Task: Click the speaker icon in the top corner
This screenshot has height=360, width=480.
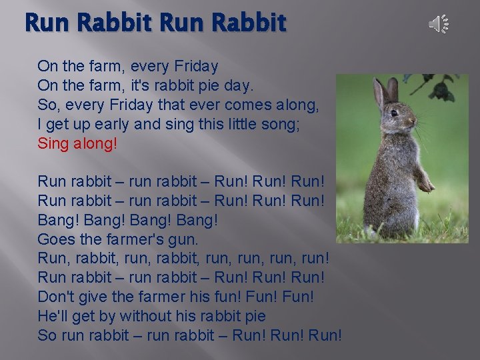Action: [x=438, y=25]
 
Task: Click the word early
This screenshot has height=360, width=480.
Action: [x=109, y=124]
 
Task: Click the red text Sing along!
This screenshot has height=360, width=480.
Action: [x=77, y=143]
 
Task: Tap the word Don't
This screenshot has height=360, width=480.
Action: [x=57, y=295]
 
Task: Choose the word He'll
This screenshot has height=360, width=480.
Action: [x=53, y=315]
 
